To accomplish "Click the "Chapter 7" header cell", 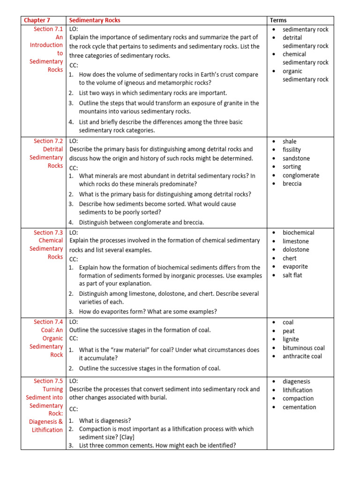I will (x=37, y=20).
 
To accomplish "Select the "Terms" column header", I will (x=278, y=20).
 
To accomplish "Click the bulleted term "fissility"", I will (x=292, y=150).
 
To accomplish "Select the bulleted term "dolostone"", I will (x=296, y=250).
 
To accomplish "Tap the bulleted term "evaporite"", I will (x=295, y=267).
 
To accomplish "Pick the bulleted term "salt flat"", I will (x=292, y=275).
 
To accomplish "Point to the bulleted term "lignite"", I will (x=291, y=339).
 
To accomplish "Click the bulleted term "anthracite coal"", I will (x=302, y=356).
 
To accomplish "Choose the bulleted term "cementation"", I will (x=299, y=407).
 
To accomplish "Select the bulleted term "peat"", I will (x=288, y=331).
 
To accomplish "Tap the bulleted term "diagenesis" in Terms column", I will (x=296, y=382).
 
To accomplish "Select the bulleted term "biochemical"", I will (x=298, y=232).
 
